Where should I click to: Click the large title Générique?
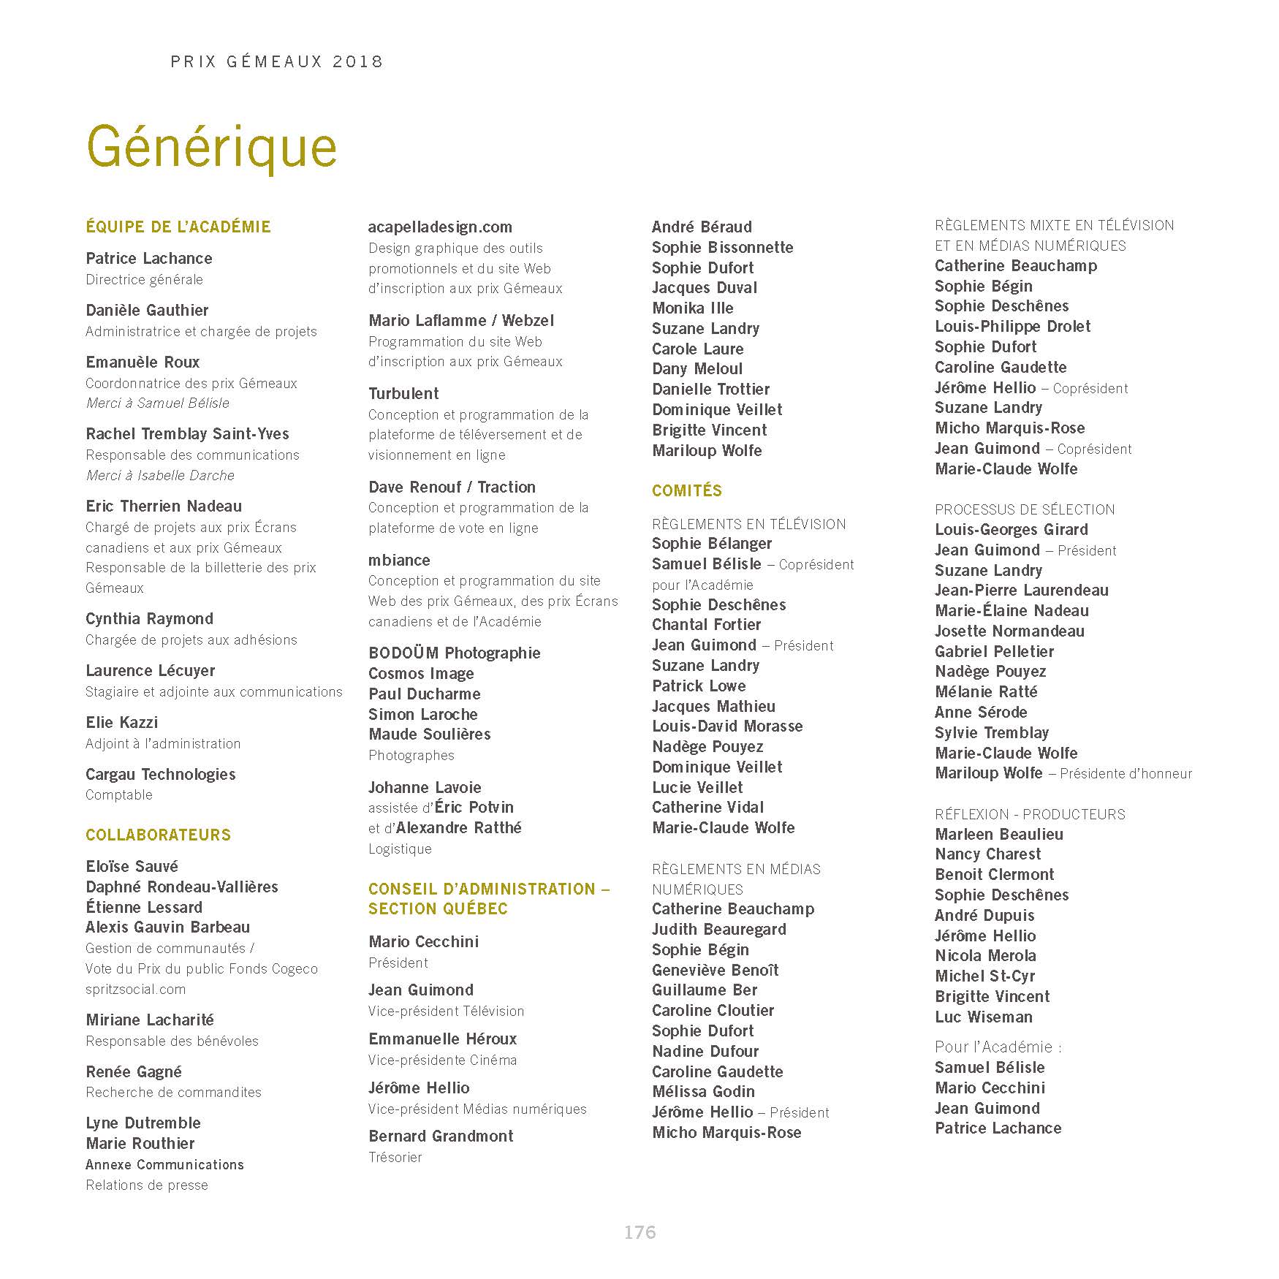(x=212, y=147)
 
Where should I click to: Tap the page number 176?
(x=639, y=1232)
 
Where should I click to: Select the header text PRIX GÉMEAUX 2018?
(x=277, y=61)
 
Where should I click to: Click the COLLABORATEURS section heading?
(x=158, y=835)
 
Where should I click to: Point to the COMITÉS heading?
(x=686, y=490)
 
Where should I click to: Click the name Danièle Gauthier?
(x=147, y=310)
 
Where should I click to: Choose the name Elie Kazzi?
(x=121, y=722)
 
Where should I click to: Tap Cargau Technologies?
(x=160, y=774)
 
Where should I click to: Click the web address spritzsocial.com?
(x=135, y=989)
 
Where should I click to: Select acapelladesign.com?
(x=440, y=227)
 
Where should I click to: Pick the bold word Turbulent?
(x=403, y=393)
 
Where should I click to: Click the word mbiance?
(x=399, y=560)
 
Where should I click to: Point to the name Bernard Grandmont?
(x=441, y=1136)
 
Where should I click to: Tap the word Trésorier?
(x=395, y=1157)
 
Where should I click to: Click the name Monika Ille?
(x=692, y=308)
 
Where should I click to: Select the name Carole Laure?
(x=697, y=349)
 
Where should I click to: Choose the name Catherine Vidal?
(x=707, y=807)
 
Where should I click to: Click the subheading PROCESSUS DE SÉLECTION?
(x=1025, y=509)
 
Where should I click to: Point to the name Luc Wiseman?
(x=983, y=1017)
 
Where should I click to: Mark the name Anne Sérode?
(x=981, y=712)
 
